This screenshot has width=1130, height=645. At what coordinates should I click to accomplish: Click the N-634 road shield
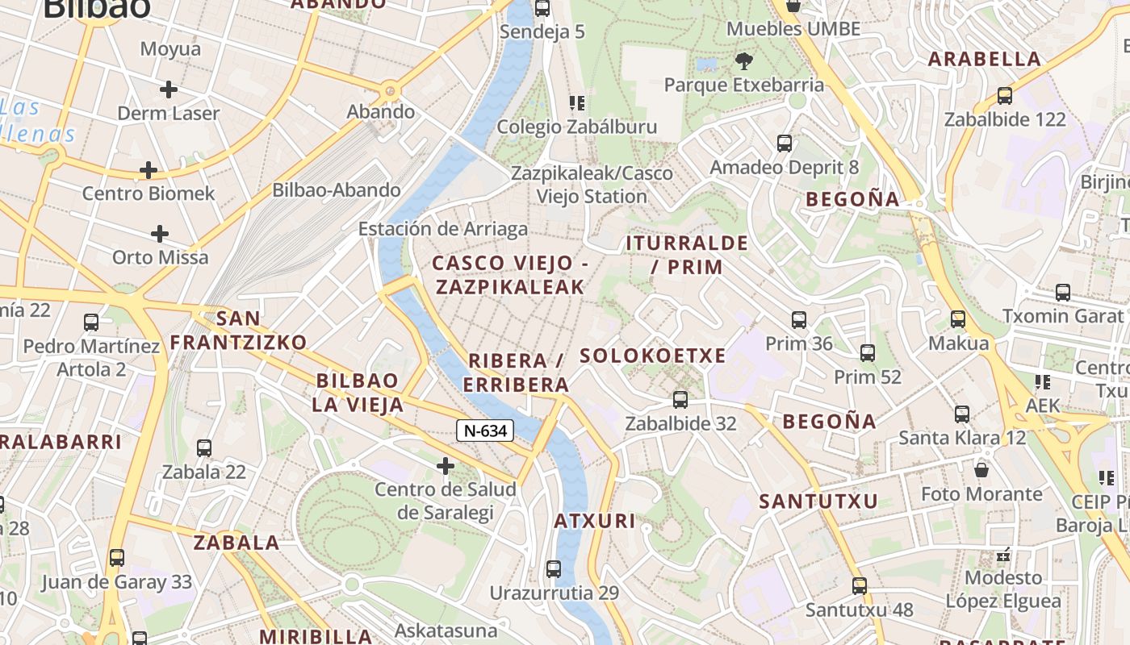[x=485, y=431]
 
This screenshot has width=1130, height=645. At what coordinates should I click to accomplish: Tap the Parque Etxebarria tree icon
[x=743, y=60]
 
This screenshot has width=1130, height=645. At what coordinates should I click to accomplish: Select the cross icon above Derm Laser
[x=168, y=89]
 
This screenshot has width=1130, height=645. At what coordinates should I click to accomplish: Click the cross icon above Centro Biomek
[x=149, y=170]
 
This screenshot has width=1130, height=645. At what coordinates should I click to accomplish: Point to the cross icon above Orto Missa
[x=160, y=235]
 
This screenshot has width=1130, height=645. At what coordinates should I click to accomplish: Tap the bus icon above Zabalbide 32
[x=680, y=400]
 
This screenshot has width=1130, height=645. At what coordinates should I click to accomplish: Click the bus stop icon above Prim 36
[x=798, y=320]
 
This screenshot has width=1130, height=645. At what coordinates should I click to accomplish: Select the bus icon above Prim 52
[x=868, y=353]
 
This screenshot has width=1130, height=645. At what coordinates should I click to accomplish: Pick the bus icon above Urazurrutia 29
[x=554, y=569]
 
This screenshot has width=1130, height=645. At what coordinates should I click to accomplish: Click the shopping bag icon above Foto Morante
[x=981, y=469]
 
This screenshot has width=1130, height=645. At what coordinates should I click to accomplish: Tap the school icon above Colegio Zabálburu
[x=576, y=103]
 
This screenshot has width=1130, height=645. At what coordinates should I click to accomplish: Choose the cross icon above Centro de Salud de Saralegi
[x=445, y=466]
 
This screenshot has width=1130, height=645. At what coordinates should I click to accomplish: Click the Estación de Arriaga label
[x=442, y=229]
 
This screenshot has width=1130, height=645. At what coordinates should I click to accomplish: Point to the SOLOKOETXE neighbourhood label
[x=653, y=356]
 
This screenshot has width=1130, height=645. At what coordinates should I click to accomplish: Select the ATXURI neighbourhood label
[x=595, y=521]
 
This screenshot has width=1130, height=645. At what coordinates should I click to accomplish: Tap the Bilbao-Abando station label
[x=337, y=190]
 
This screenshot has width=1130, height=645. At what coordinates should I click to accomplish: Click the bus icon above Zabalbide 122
[x=1005, y=96]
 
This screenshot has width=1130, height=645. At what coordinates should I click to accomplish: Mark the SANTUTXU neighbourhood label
[x=818, y=501]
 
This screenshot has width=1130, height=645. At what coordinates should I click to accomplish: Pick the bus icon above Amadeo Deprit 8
[x=785, y=144]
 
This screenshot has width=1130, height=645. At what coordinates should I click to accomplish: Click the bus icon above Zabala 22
[x=204, y=448]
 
